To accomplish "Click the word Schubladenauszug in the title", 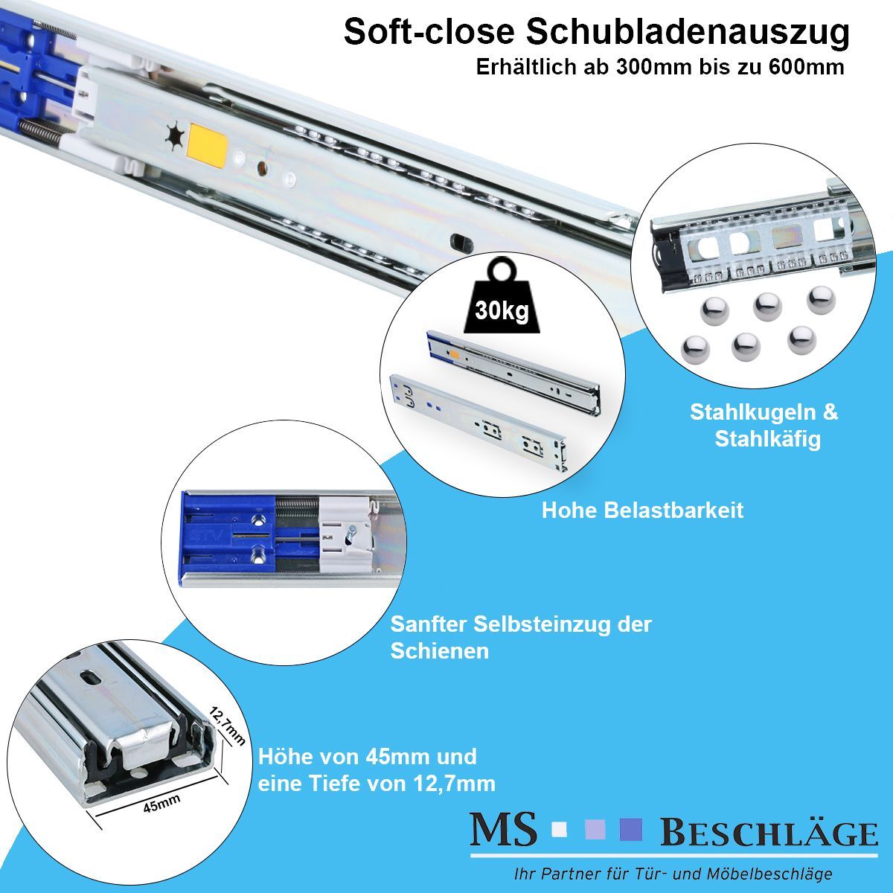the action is click(688, 32).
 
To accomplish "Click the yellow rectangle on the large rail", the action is click(207, 147).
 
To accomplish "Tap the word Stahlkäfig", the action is click(767, 439).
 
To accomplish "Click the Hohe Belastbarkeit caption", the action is click(642, 510).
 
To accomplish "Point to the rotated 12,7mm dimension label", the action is click(227, 726).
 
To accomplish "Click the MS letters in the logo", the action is click(503, 829).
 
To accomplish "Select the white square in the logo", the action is click(560, 830).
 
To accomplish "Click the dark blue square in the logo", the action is click(631, 830).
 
